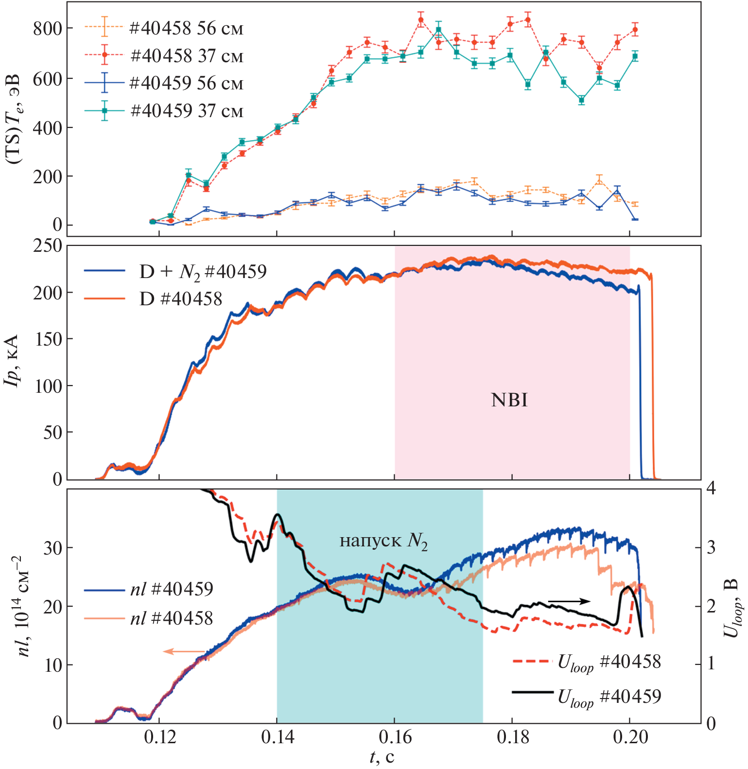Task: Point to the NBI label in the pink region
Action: pyautogui.click(x=509, y=400)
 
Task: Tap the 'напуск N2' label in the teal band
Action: pyautogui.click(x=383, y=541)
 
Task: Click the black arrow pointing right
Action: pyautogui.click(x=569, y=601)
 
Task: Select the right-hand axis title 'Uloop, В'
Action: pyautogui.click(x=731, y=608)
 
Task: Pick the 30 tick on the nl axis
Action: pyautogui.click(x=53, y=548)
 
